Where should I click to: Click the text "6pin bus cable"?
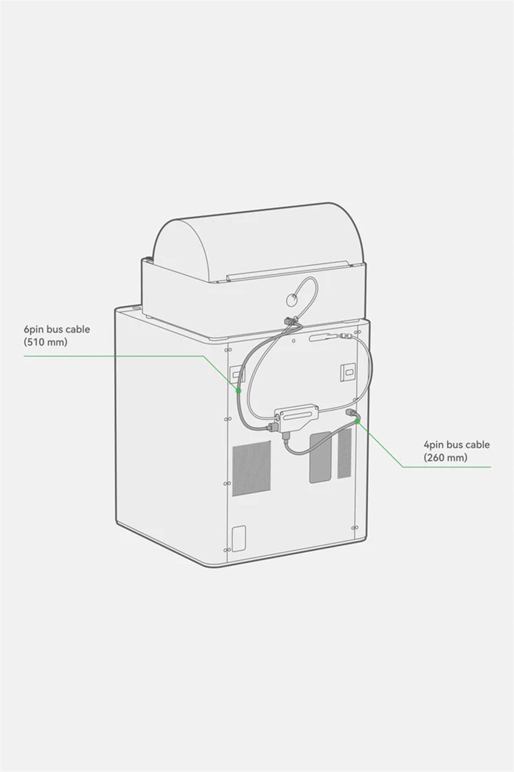(57, 330)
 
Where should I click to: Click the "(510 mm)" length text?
(45, 342)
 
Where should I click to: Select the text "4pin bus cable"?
(457, 445)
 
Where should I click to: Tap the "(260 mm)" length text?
(445, 457)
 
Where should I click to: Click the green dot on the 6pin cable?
(239, 391)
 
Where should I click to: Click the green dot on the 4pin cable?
(357, 422)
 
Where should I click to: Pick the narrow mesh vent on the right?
(345, 453)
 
